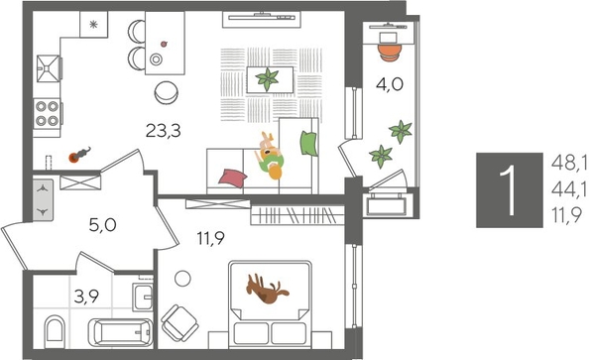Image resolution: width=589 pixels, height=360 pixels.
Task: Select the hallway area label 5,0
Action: coord(103,225)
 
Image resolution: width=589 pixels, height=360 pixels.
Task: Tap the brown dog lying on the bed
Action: coord(269,290)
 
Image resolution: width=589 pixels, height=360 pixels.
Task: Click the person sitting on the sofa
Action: coord(271,156)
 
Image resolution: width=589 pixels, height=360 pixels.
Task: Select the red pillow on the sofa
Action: coord(231,177)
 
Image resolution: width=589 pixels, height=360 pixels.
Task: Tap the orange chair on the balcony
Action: coord(389,41)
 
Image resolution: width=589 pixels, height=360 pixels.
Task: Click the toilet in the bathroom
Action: coord(56,327)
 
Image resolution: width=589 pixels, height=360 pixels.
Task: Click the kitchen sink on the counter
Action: coord(48,68)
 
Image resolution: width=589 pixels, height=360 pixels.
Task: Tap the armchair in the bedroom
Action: coord(180,319)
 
